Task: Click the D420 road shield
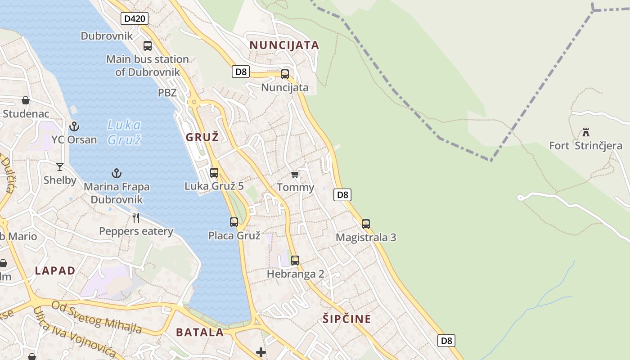tap(135, 18)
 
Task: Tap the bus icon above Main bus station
tap(148, 45)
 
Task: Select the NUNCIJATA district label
tap(284, 45)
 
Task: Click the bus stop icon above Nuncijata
tap(285, 74)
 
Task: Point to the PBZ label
tap(167, 93)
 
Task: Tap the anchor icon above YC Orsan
tap(74, 126)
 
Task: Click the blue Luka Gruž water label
tap(125, 132)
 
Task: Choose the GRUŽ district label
tap(202, 137)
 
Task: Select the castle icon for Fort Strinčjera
tap(586, 132)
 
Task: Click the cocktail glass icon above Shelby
tap(60, 167)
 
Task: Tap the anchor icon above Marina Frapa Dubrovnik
tap(117, 173)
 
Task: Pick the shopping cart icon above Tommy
tap(295, 174)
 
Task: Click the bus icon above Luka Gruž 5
tap(214, 172)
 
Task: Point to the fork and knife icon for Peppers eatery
tap(136, 218)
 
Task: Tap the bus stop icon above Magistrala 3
tap(366, 224)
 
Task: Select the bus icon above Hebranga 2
tap(295, 260)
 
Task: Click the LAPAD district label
tap(55, 270)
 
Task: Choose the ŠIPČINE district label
tap(346, 319)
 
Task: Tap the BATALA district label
tap(200, 332)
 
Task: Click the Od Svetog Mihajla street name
tap(96, 318)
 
